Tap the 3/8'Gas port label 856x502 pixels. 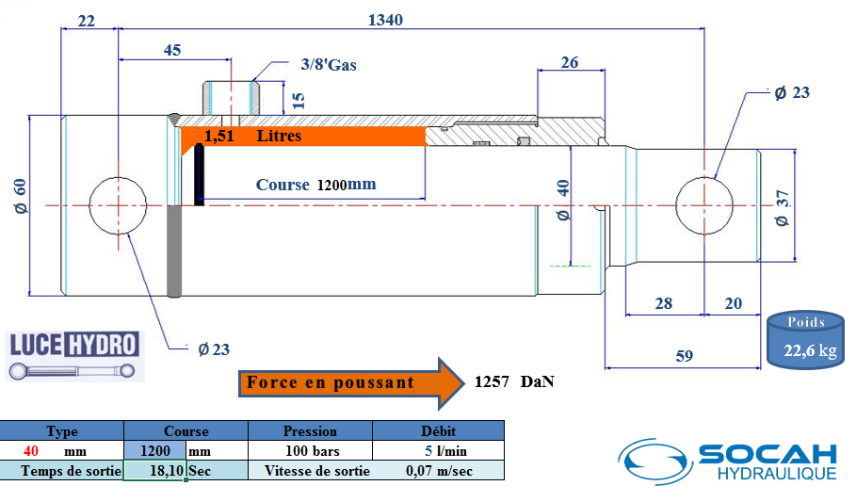pyautogui.click(x=329, y=65)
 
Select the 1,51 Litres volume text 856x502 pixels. pyautogui.click(x=252, y=136)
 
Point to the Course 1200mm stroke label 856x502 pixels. pyautogui.click(x=315, y=185)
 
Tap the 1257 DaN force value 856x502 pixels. pyautogui.click(x=513, y=382)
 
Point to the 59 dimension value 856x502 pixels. pyautogui.click(x=685, y=355)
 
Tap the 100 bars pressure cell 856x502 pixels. pyautogui.click(x=311, y=450)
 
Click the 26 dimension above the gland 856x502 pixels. pyautogui.click(x=569, y=62)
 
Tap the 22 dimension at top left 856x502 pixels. pyautogui.click(x=87, y=20)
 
